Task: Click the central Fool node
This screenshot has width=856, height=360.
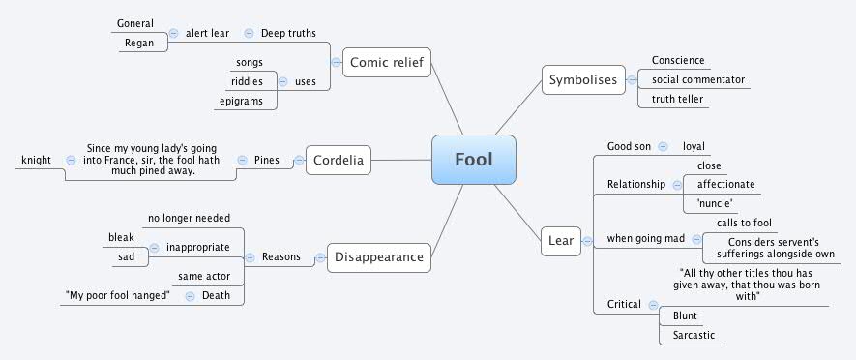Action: (x=474, y=159)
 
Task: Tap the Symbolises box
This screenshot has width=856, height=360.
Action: (x=582, y=80)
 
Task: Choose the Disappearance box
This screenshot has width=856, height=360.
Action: (x=377, y=257)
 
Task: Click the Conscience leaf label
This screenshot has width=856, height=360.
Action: (x=678, y=60)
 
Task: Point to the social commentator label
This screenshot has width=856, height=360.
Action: (x=698, y=79)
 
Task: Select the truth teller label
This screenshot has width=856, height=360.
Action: (x=679, y=99)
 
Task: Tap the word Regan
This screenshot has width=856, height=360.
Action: (x=140, y=43)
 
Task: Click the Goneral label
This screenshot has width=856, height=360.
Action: (x=134, y=23)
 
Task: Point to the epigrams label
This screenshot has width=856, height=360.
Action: (x=242, y=101)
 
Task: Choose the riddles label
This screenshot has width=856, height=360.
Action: (x=248, y=81)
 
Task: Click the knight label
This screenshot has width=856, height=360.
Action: (x=36, y=160)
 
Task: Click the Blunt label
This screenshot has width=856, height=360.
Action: (x=684, y=315)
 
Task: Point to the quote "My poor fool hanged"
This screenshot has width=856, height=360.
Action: (x=118, y=295)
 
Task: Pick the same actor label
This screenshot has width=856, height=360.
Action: (x=203, y=276)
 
